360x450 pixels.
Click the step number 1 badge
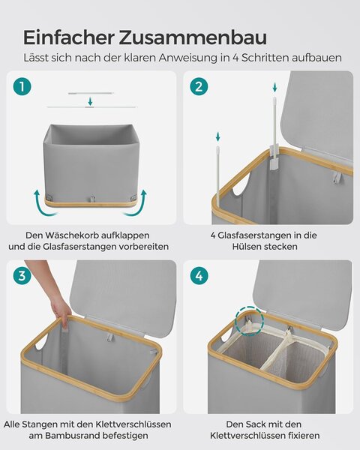point(22,87)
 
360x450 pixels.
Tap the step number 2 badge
point(199,87)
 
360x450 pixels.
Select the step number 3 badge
point(22,276)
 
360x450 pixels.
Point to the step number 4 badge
point(199,276)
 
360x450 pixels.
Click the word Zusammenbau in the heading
point(193,37)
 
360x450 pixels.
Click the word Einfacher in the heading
point(68,37)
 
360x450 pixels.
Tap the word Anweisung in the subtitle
point(188,58)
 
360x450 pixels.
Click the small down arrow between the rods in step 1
point(91,101)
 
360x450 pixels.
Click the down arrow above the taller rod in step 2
point(275,87)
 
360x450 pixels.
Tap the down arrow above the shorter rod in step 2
point(218,136)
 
